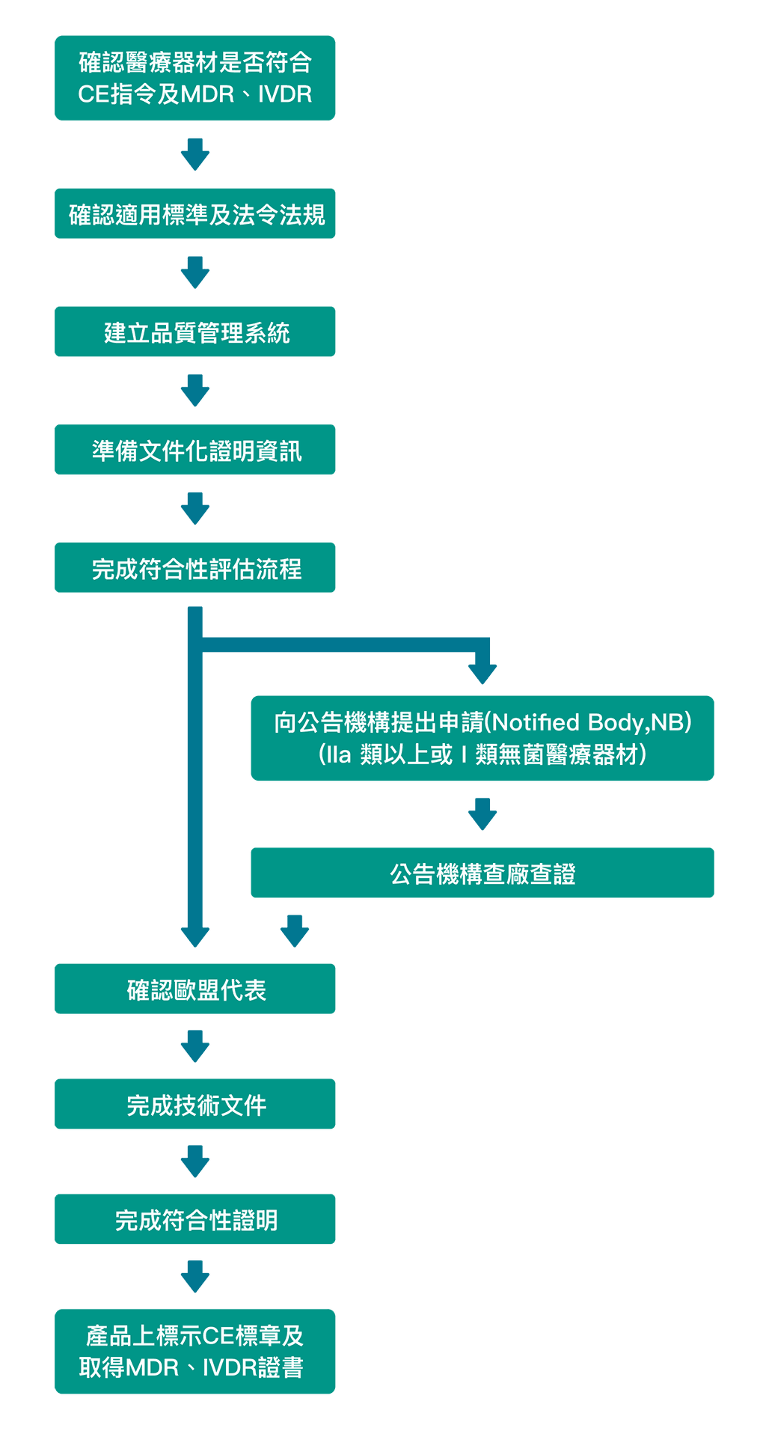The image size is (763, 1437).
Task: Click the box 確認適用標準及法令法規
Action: click(x=195, y=214)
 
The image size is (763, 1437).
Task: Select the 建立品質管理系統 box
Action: click(x=195, y=332)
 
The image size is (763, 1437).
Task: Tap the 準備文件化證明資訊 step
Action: click(x=195, y=450)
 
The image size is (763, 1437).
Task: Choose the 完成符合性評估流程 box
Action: click(x=195, y=568)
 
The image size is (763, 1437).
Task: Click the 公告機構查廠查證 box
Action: click(x=482, y=873)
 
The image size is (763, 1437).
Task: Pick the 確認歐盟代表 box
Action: click(x=195, y=989)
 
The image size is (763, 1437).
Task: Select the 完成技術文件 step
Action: click(x=195, y=1105)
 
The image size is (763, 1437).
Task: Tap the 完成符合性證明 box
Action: click(x=195, y=1220)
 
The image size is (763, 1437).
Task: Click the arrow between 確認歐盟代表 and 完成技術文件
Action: click(x=195, y=1046)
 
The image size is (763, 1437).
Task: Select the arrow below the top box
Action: click(x=195, y=154)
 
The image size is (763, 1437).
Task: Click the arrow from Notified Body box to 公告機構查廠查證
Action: click(x=482, y=814)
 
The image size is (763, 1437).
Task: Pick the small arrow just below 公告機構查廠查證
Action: click(x=295, y=931)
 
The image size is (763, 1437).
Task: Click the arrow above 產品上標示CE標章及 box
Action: click(x=195, y=1277)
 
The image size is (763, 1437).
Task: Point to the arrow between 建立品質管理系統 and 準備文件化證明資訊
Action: click(x=195, y=391)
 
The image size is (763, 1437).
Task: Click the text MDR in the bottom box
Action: click(x=153, y=1368)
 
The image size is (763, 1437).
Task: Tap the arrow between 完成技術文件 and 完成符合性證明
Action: click(x=195, y=1162)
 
